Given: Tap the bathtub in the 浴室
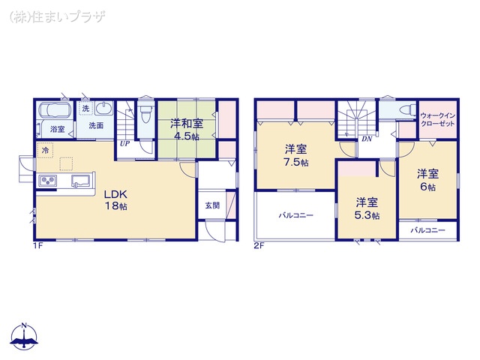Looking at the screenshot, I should tap(55, 112).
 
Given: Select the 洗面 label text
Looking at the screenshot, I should tap(96, 126).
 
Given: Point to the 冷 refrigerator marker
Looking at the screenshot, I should tap(45, 151).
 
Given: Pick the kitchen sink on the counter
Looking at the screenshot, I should tap(80, 181).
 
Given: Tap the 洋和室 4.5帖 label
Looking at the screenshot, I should tap(184, 130).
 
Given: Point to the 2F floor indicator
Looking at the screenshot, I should tap(258, 244).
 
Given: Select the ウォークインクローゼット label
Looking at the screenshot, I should tap(436, 121).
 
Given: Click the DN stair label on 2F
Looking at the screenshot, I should tap(367, 139).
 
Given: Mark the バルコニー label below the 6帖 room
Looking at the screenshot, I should tap(427, 230).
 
